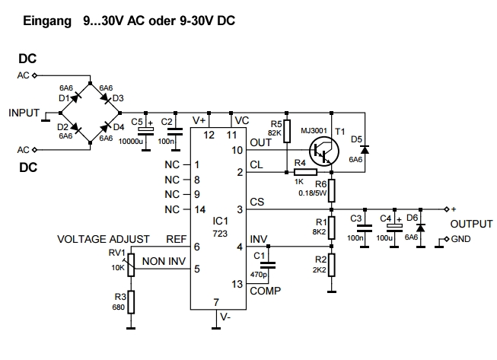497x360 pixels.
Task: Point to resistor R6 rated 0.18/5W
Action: point(332,187)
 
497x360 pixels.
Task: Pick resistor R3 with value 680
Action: point(131,302)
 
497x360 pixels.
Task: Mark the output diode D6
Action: point(419,226)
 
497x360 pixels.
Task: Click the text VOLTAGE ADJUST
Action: point(103,239)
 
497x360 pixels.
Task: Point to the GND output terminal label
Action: point(462,241)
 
